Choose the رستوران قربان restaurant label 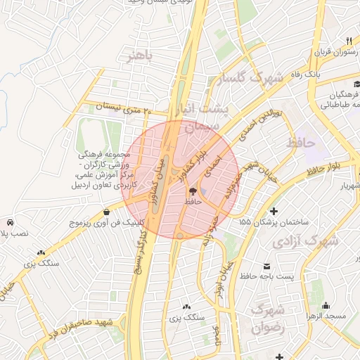pyautogui.click(x=326, y=52)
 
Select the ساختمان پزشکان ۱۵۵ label pyautogui.click(x=273, y=222)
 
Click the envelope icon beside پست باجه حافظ pyautogui.click(x=267, y=266)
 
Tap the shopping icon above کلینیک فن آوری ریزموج pyautogui.click(x=105, y=212)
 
